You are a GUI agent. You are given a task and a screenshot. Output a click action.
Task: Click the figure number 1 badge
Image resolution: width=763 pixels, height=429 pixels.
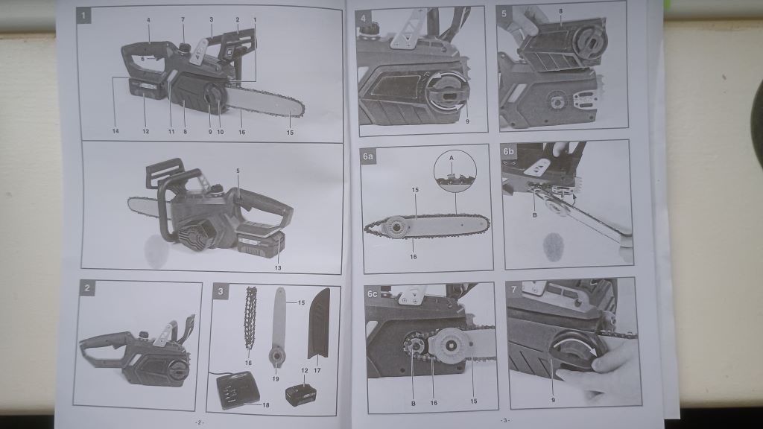pos(83,16)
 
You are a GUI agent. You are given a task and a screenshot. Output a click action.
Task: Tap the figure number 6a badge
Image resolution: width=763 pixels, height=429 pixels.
pos(368,156)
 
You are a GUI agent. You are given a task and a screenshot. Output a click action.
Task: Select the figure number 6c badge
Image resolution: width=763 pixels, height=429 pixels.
pos(373,293)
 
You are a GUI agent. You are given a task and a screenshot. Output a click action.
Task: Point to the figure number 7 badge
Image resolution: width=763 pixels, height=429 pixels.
pos(514,289)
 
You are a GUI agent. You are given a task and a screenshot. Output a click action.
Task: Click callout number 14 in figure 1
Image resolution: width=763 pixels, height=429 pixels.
pos(115,131)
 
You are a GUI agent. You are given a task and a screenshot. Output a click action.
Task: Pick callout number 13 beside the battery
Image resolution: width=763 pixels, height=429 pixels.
pos(278,268)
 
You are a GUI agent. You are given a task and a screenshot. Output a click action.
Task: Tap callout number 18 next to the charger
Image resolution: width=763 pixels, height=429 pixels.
pos(266,404)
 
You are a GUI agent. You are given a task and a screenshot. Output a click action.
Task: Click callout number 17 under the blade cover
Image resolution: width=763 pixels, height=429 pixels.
pos(317,371)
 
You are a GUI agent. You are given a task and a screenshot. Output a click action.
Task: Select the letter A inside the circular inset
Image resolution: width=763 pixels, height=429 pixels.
pos(452,158)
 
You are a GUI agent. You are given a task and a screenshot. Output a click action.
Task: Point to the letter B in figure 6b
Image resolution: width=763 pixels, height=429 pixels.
pos(535,214)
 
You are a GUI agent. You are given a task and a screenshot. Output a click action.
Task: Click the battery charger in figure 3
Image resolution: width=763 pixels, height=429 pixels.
pos(238,390)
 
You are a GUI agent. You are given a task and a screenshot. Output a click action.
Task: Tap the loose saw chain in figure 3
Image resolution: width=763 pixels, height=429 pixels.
pos(250,318)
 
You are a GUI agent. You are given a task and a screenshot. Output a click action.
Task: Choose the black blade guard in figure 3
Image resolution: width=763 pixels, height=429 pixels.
pos(319,322)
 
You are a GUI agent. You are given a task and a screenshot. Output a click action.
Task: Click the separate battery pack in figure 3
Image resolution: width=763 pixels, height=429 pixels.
pos(301,395)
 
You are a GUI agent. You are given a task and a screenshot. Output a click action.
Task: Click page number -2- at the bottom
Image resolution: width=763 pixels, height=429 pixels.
pos(200,422)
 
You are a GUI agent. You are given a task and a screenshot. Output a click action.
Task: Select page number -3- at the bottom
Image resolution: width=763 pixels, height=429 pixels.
pos(504,420)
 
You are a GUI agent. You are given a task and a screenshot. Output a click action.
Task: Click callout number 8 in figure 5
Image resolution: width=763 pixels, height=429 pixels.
pos(560,10)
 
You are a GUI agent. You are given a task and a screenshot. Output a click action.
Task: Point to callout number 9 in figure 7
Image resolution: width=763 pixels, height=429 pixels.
pos(554,400)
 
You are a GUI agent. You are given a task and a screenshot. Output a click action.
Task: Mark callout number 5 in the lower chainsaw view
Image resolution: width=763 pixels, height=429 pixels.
pos(238,171)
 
